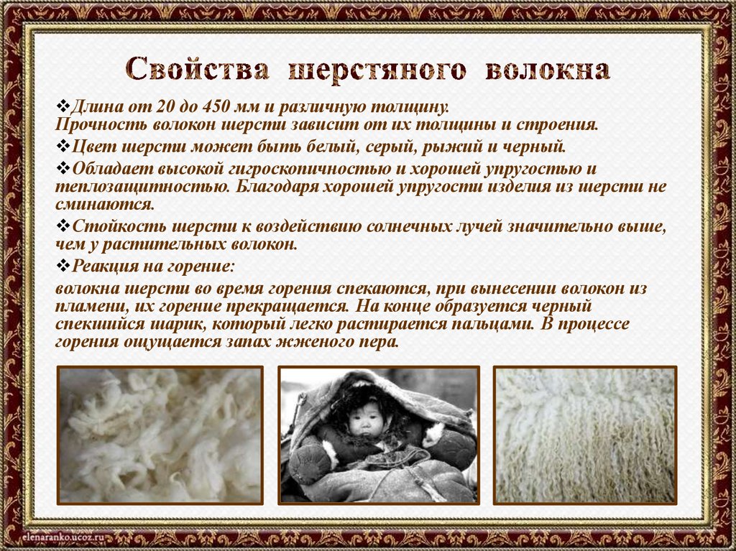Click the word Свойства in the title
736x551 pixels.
pyautogui.click(x=198, y=70)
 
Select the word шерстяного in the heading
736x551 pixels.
pyautogui.click(x=377, y=70)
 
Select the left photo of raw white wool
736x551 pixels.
pyautogui.click(x=160, y=434)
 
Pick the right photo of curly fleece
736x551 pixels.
pyautogui.click(x=584, y=434)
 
